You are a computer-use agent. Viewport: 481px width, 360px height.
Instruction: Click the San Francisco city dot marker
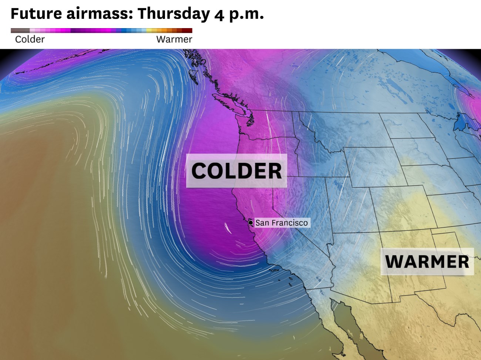[x=251, y=223]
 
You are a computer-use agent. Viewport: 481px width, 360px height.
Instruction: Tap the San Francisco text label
[x=282, y=223]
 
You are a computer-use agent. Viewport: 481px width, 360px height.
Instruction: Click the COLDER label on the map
[x=236, y=171]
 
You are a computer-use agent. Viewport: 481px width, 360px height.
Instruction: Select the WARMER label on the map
[x=427, y=262]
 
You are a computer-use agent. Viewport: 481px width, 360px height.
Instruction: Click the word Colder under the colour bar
[x=30, y=40]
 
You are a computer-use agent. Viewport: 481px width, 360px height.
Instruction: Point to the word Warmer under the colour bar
[x=174, y=40]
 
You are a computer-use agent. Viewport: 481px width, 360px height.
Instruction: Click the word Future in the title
[x=36, y=14]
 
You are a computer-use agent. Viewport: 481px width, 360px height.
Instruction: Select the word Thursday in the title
[x=174, y=14]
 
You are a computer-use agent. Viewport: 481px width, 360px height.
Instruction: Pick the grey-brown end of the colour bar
[x=18, y=31]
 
